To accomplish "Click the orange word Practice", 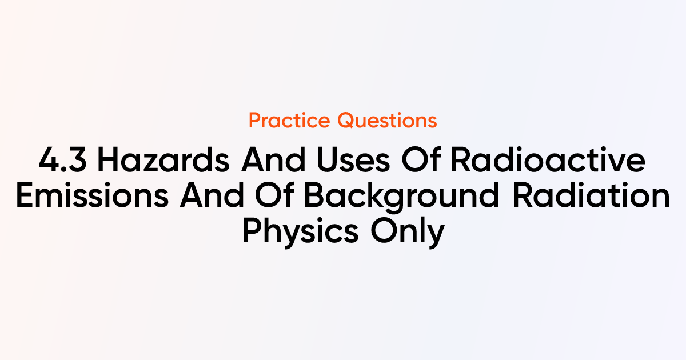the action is pyautogui.click(x=289, y=121).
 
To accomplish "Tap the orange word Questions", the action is pyautogui.click(x=387, y=121).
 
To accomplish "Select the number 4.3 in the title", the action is pyautogui.click(x=63, y=160).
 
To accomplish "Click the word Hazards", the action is pyautogui.click(x=163, y=160).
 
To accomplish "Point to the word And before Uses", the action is pyautogui.click(x=273, y=160).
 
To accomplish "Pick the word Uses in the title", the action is pyautogui.click(x=354, y=160).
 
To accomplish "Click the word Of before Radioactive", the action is pyautogui.click(x=421, y=159).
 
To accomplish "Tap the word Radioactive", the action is pyautogui.click(x=548, y=160).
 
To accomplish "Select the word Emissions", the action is pyautogui.click(x=92, y=195).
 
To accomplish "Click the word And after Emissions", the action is pyautogui.click(x=212, y=195).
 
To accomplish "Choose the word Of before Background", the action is pyautogui.click(x=274, y=195).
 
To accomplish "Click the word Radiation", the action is pyautogui.click(x=591, y=195).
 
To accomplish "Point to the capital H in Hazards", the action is pyautogui.click(x=108, y=160).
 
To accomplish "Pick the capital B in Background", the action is pyautogui.click(x=314, y=195).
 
